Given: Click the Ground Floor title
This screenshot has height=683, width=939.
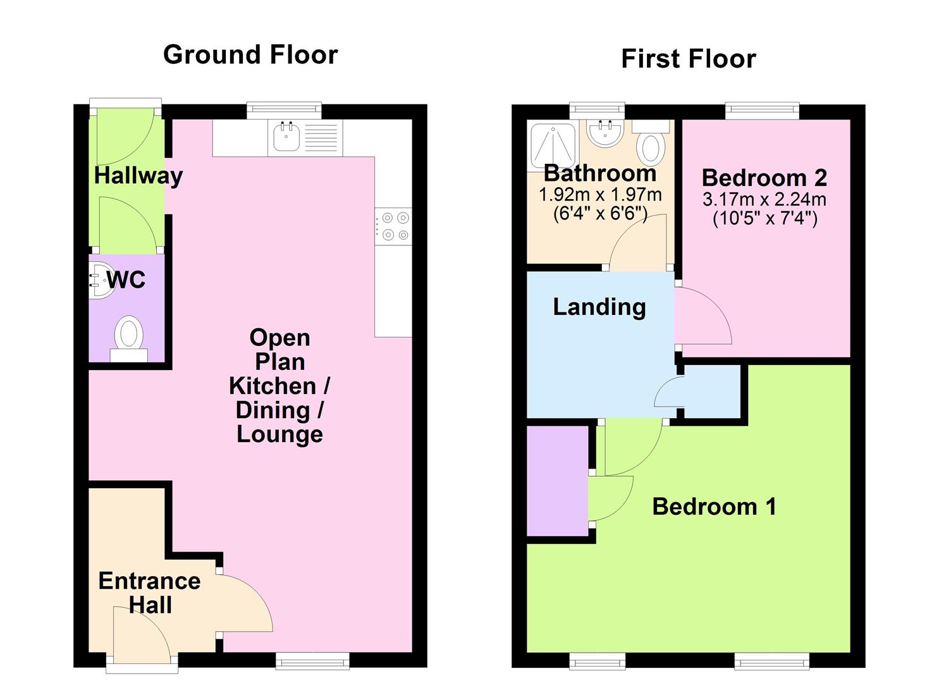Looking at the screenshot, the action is point(250,55).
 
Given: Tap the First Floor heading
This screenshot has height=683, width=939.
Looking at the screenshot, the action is point(689,59).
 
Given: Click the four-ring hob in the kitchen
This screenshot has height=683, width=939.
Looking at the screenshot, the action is point(394,226).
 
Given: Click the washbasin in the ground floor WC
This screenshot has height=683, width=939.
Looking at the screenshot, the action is point(101,280).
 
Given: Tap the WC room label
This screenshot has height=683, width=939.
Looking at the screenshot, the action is point(126,280).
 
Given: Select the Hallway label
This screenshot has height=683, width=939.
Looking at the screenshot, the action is point(138,176).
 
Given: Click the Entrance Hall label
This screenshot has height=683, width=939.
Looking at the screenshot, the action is point(150,593).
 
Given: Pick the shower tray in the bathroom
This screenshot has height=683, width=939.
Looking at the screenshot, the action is point(553,145).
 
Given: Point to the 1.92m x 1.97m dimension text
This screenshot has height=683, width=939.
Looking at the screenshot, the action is point(600,195).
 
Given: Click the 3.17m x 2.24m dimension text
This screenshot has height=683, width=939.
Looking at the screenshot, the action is point(764,200).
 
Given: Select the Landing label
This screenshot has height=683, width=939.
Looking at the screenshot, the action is point(599,307).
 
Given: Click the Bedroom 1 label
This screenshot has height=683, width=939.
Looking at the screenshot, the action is point(715,507).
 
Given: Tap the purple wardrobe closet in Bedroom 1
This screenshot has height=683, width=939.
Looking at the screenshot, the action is point(558,481).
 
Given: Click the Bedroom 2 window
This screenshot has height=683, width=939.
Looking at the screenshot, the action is point(763,110).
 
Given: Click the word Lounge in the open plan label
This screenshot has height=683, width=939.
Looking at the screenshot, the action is point(280,434).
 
